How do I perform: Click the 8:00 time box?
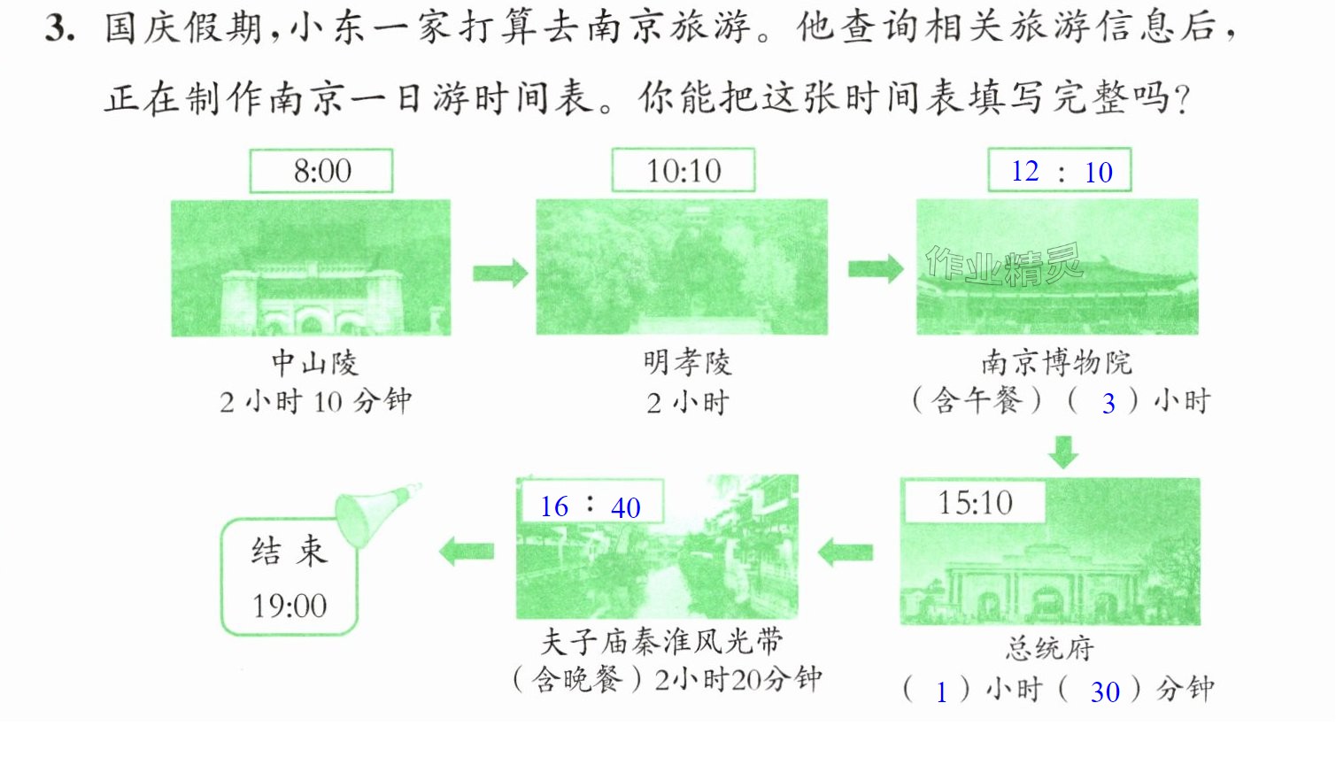pos(321,171)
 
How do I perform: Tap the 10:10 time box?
pos(683,171)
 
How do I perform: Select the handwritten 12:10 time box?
pos(1060,170)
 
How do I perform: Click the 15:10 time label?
pos(975,502)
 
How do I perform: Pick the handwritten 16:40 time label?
pos(591,506)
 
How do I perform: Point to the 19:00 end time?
pos(290,606)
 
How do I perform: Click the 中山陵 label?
pos(315,363)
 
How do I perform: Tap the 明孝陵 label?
pos(687,363)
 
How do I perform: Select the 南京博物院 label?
pos(1057,363)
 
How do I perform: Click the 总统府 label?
pos(1050,648)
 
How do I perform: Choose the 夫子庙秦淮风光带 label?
pos(661,642)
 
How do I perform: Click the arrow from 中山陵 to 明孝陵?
pos(500,274)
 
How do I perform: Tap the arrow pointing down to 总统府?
pos(1063,452)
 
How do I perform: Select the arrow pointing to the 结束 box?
pos(467,552)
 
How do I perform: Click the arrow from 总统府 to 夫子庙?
pos(846,552)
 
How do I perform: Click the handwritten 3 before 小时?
pos(1108,404)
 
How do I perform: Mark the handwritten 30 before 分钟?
pos(1105,692)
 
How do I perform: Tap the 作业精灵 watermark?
pos(1004,265)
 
